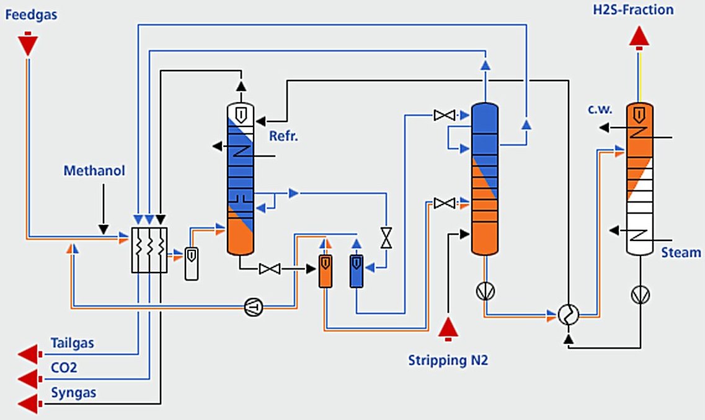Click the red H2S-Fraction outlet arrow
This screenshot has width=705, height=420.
pos(639,37)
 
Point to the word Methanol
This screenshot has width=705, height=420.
pos(94,170)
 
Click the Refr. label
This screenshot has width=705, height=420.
pos(283,136)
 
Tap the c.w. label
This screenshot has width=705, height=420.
pos(600,110)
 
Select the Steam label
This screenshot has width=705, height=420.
pos(681,252)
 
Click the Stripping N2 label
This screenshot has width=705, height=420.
pos(448,360)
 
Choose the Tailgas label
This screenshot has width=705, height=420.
pos(74,344)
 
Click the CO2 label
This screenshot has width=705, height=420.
pos(64,368)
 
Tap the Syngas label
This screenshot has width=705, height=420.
pos(74,393)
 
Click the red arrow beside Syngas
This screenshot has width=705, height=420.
pos(29,405)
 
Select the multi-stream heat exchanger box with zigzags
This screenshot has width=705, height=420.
pos(150,250)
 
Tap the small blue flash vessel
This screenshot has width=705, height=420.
pos(357,271)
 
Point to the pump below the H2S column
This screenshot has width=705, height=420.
pos(639,295)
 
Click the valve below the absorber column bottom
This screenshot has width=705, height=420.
pos(270,269)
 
